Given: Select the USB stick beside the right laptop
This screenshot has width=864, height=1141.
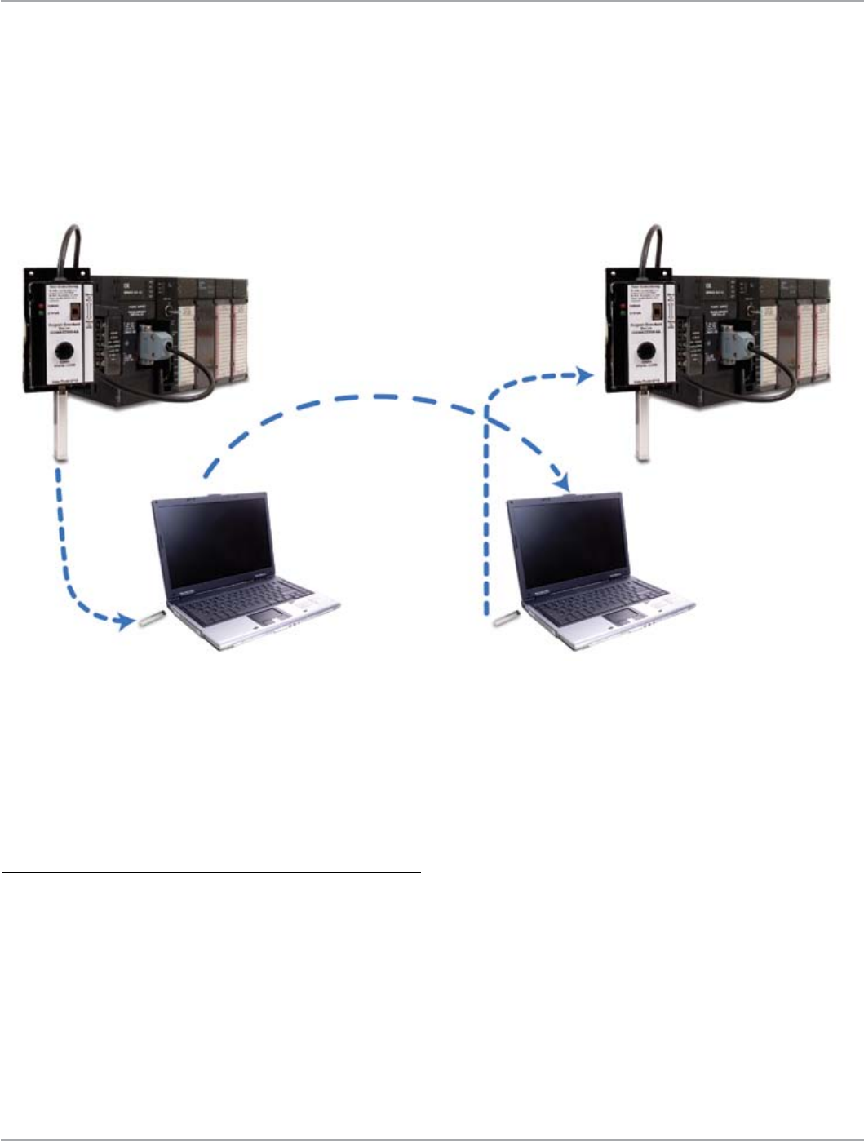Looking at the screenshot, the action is coord(507,617).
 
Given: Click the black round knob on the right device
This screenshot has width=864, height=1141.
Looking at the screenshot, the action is coord(647,351).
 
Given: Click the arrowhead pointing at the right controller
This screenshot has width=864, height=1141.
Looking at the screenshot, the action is coord(583,375).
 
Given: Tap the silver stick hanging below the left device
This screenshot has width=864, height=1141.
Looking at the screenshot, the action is coord(60,428).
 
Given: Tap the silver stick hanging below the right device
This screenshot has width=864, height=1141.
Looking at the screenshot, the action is coord(644,428).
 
